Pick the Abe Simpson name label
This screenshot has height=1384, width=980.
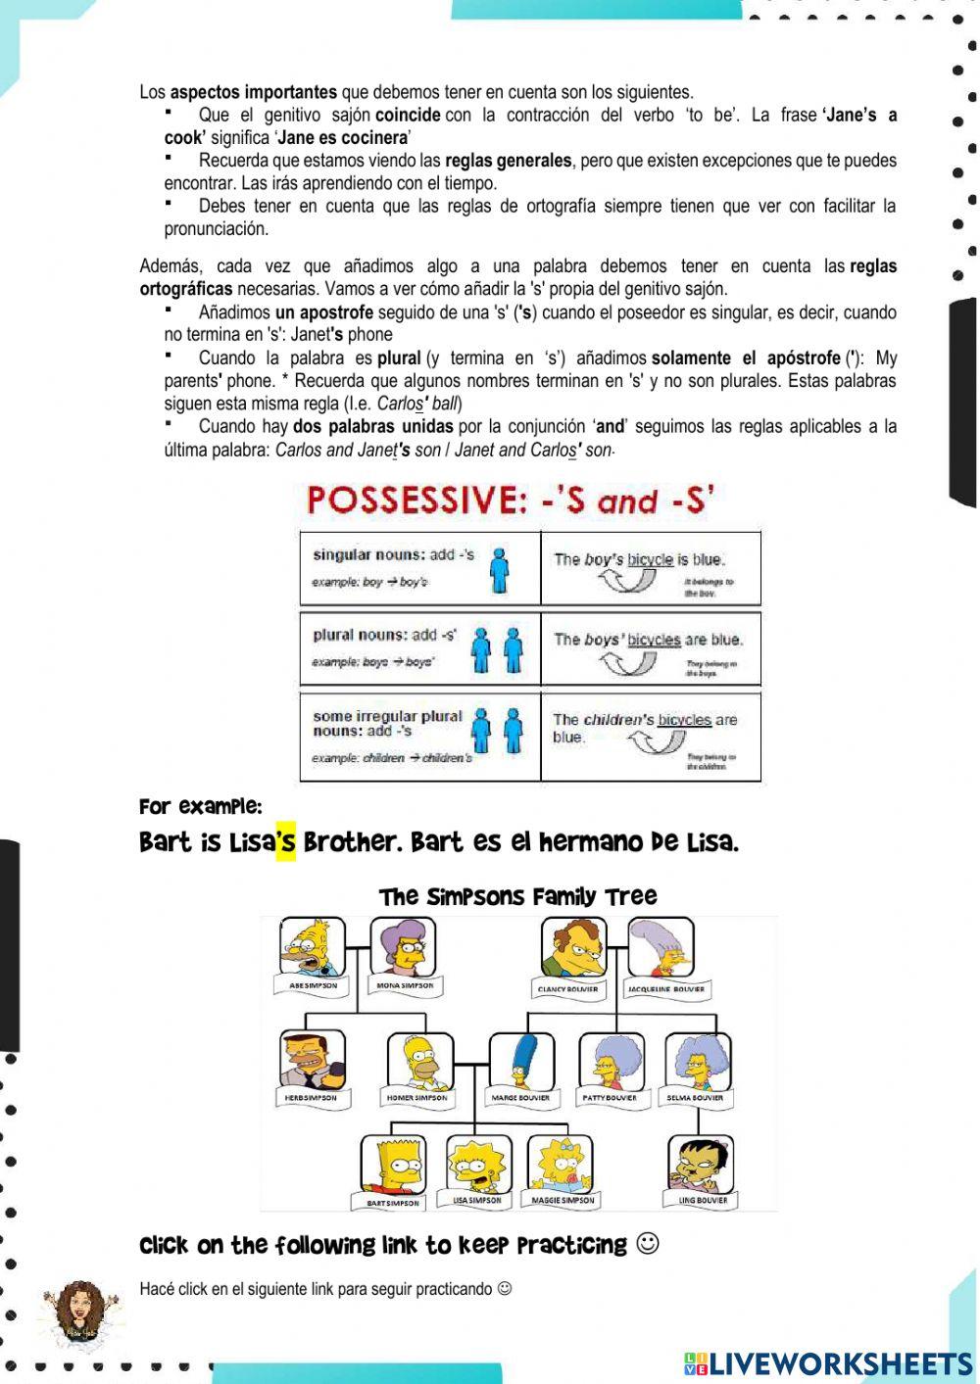click(x=314, y=984)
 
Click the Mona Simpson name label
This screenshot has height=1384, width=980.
click(x=405, y=984)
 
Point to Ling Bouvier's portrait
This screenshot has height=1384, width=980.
click(x=700, y=1165)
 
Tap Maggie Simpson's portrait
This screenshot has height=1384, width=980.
click(x=560, y=1163)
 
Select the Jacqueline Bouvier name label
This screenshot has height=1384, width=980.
click(x=664, y=988)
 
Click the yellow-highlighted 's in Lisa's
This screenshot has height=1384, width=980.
click(x=285, y=841)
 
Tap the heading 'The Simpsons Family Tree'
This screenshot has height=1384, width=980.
click(x=517, y=896)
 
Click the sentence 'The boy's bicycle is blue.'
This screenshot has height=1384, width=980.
click(x=639, y=559)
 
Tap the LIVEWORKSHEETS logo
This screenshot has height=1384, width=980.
click(x=828, y=1364)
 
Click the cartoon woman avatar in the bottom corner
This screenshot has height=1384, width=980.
click(x=82, y=1312)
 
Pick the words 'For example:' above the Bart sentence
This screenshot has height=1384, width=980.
click(x=201, y=807)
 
